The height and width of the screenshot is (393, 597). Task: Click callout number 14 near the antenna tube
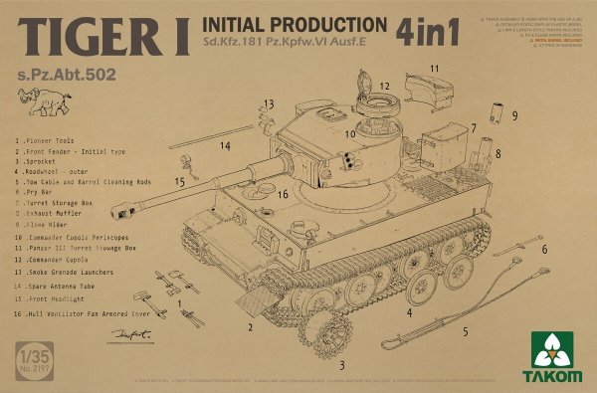(226, 146)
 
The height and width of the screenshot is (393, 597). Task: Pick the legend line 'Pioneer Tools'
(50, 142)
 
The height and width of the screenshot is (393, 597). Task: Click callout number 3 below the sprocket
(342, 366)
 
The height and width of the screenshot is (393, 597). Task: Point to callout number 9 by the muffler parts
(513, 115)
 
